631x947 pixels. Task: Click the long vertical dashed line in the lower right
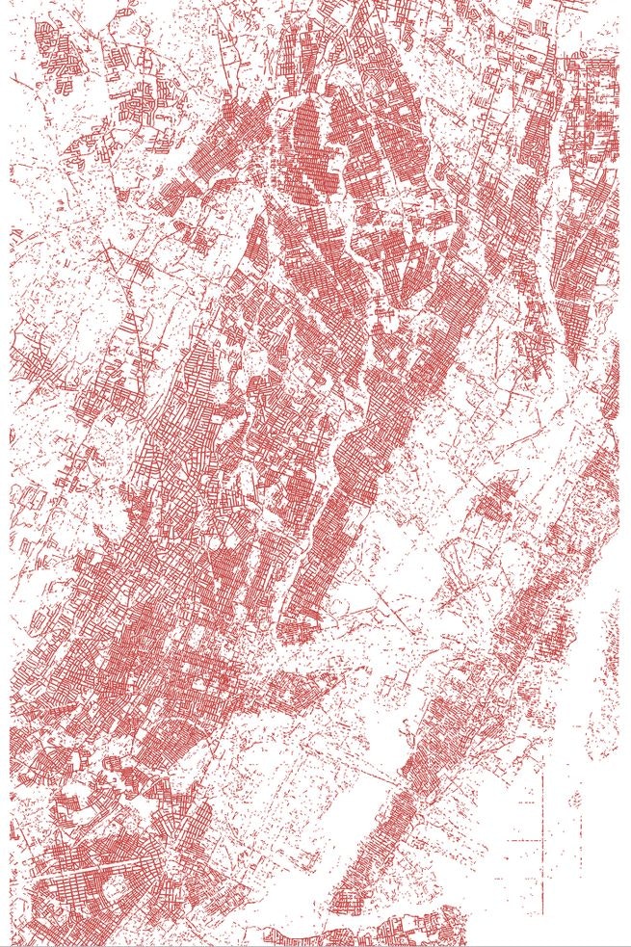[x=542, y=819]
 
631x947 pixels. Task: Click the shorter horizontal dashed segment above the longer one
[x=528, y=802]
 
